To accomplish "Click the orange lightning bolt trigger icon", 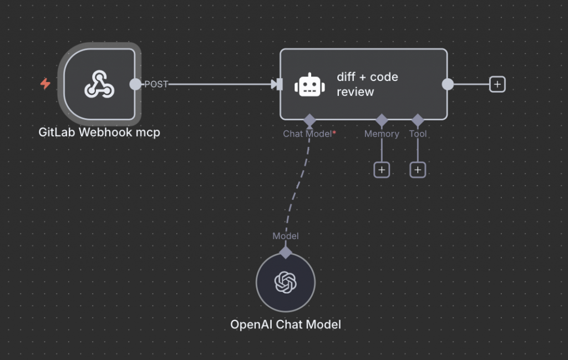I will point(45,84).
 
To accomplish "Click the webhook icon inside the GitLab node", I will point(99,84).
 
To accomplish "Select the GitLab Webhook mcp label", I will point(99,133).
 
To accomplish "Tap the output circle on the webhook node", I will point(135,84).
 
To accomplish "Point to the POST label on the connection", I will point(156,84).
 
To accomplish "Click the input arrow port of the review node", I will point(276,84).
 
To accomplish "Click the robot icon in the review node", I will point(310,84).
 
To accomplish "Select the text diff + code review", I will point(367,84).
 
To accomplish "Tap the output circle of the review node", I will point(448,84).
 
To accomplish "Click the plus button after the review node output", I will point(498,84).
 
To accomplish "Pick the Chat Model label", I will point(309,134).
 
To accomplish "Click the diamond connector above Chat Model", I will point(310,119).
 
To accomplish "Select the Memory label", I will point(382,134).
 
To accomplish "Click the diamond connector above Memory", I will point(382,119).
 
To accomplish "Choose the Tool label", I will point(418,134).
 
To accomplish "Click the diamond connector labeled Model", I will point(286,252).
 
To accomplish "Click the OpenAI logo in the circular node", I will point(286,282).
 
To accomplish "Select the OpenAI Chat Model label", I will point(286,324).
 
